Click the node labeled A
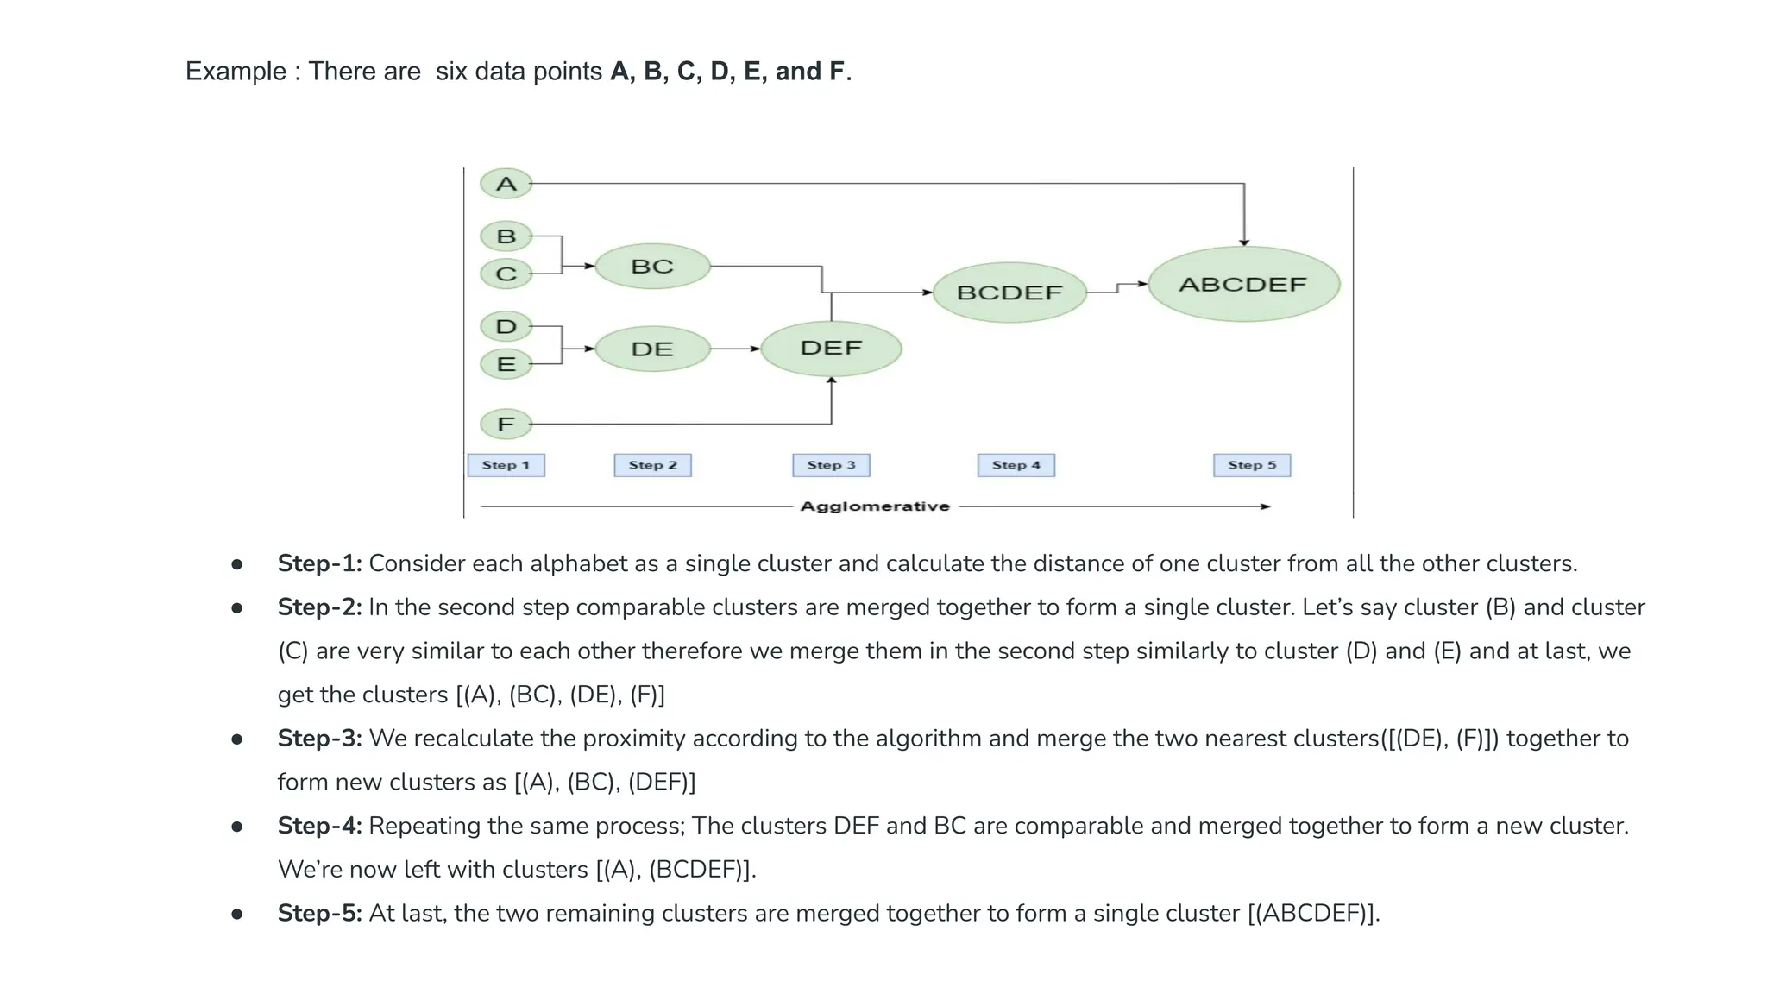tap(506, 184)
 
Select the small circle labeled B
tap(506, 236)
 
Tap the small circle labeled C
tap(506, 274)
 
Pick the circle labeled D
tap(506, 327)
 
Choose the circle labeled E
tap(506, 364)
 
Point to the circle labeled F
tap(506, 425)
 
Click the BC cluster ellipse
tap(652, 267)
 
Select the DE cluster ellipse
tap(652, 349)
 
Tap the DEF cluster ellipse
tap(831, 349)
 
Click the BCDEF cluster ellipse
tap(1009, 293)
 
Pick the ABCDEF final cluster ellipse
tap(1243, 285)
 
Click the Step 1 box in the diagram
tap(506, 465)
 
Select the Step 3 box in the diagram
tap(832, 465)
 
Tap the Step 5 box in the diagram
tap(1252, 465)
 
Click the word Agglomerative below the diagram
tap(875, 506)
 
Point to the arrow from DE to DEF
tap(735, 349)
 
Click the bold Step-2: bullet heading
tap(319, 607)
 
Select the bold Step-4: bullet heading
tap(319, 826)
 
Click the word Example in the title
tap(236, 71)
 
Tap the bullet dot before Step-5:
tap(237, 914)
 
